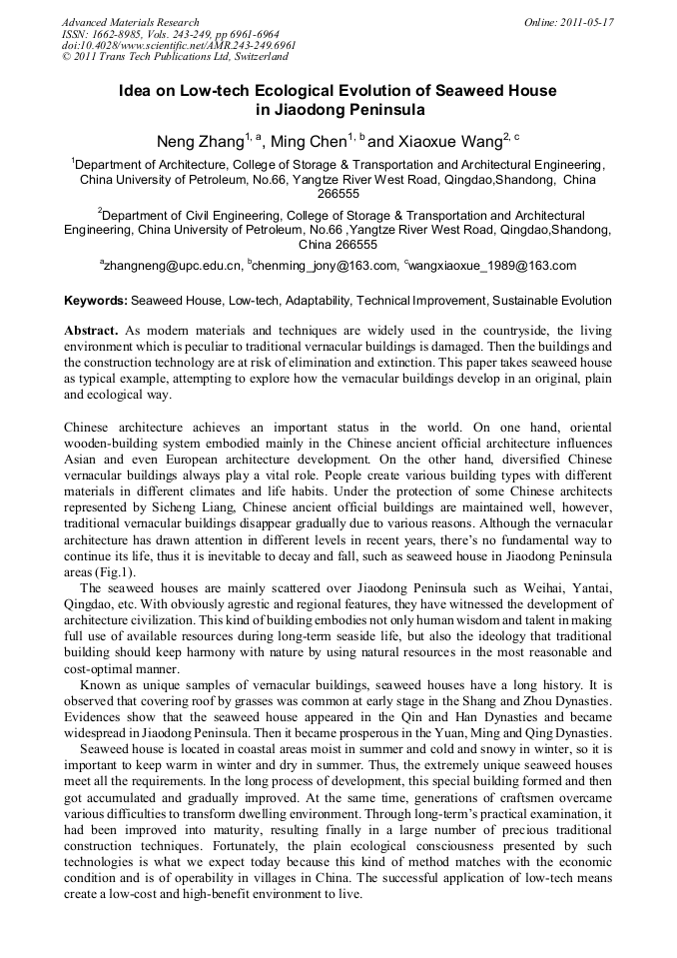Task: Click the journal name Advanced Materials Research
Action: point(130,22)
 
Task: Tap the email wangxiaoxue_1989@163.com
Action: point(493,266)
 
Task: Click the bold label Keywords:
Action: point(96,300)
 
